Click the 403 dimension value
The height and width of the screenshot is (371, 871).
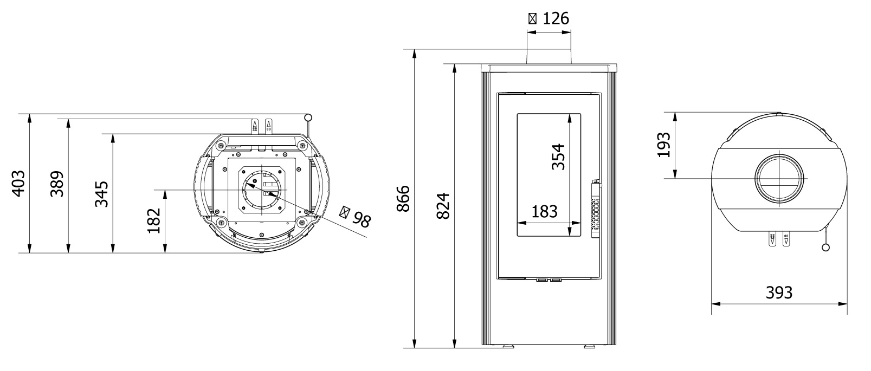(x=18, y=184)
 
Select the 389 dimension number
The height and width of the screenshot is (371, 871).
(x=57, y=184)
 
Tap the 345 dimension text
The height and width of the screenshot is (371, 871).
(x=101, y=194)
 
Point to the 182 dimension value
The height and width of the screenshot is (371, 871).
(x=154, y=220)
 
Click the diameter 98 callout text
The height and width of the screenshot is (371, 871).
(x=356, y=216)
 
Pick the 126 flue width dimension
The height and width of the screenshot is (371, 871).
(x=549, y=18)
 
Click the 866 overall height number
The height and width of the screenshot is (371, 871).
(x=403, y=199)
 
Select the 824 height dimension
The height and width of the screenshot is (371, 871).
(x=443, y=206)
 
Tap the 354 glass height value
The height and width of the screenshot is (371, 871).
(x=558, y=157)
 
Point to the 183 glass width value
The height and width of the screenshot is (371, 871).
(x=544, y=212)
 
